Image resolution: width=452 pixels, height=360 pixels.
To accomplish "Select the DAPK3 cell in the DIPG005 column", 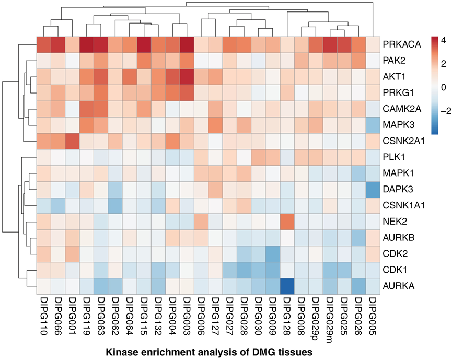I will [x=371, y=190].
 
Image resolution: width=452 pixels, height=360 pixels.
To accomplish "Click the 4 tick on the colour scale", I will [x=444, y=40].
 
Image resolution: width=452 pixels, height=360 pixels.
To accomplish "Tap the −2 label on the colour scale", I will [x=445, y=111].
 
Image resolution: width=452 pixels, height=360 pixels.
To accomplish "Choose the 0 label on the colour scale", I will [x=444, y=86].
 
